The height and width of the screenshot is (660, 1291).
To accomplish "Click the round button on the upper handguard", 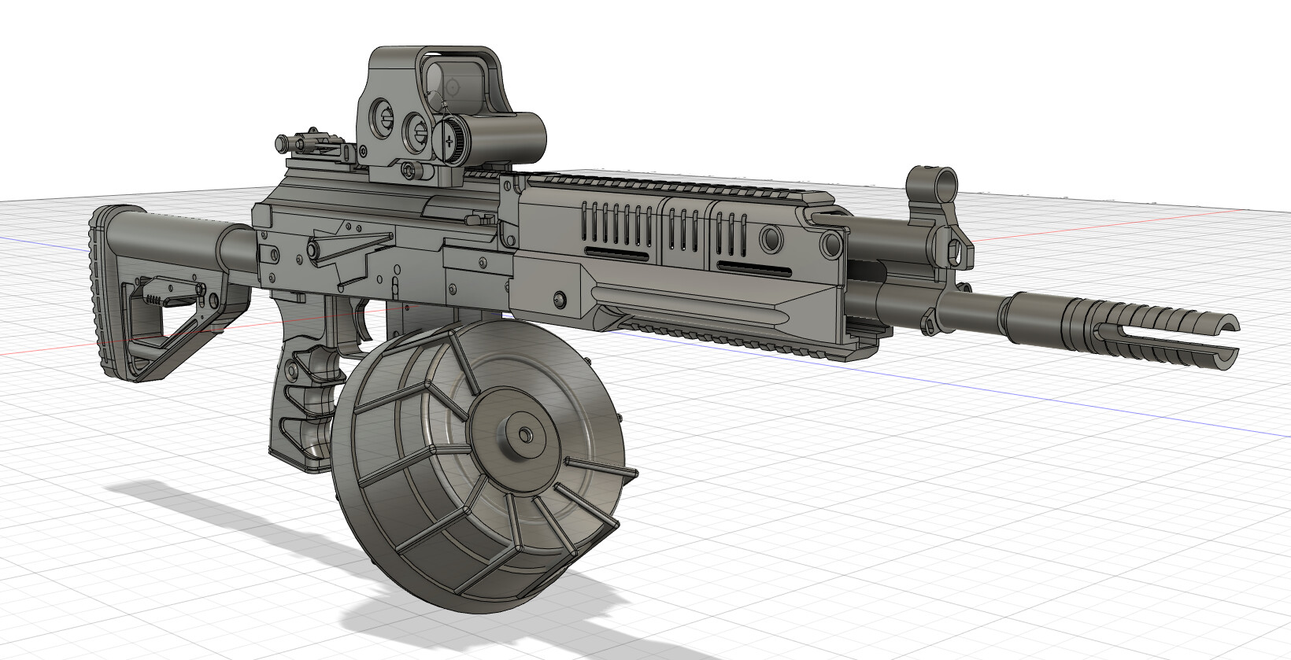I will pyautogui.click(x=771, y=239).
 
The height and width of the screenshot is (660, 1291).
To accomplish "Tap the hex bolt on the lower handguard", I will pyautogui.click(x=560, y=300).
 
